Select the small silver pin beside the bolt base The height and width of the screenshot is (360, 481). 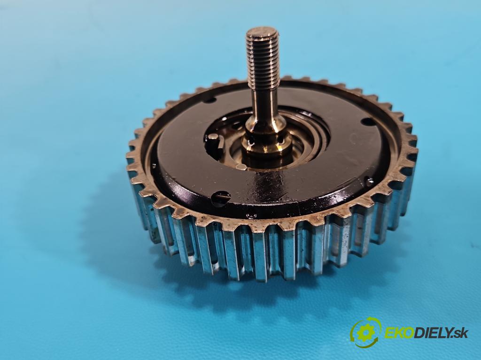coord(241,167)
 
